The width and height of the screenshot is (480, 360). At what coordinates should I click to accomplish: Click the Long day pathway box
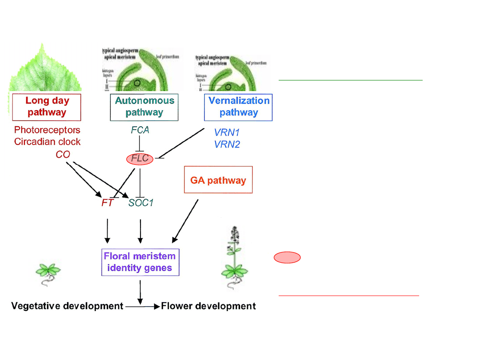coord(47,107)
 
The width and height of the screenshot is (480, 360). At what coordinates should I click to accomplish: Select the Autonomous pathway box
coord(144,107)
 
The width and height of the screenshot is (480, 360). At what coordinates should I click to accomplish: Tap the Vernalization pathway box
coord(238,107)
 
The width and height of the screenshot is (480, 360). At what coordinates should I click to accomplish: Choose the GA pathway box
coord(218,180)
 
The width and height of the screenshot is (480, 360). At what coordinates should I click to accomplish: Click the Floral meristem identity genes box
coord(140,262)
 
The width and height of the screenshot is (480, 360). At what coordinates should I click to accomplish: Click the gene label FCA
coord(140,130)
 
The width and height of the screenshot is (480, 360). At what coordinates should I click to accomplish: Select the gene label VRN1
coord(227,132)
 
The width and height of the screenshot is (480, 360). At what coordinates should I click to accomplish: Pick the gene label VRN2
coord(227,144)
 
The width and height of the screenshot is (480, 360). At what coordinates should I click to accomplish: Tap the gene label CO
coord(63,155)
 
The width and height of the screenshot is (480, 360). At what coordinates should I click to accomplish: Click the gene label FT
coord(108,204)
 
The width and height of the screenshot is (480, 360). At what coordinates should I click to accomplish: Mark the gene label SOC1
coord(141,204)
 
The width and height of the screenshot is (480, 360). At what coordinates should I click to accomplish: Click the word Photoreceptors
coord(47,130)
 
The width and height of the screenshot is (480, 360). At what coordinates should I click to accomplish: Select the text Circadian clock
coord(47,142)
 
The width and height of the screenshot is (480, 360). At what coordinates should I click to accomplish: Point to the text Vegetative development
coord(67,306)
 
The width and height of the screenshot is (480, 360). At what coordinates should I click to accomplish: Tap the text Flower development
coord(208,306)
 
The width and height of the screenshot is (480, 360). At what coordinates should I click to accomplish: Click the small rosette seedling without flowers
coord(48,272)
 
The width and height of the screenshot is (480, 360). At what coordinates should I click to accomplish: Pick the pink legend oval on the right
coord(287,257)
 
